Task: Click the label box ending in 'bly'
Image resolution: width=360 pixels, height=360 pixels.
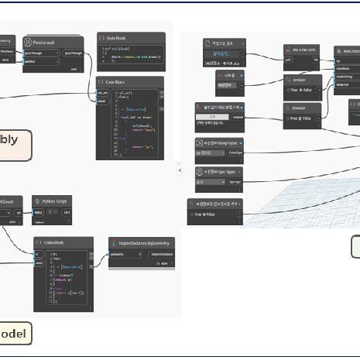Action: point(15,145)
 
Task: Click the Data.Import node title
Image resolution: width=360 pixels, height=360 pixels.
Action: point(347,50)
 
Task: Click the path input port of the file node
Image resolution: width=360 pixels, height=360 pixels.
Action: point(288,58)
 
